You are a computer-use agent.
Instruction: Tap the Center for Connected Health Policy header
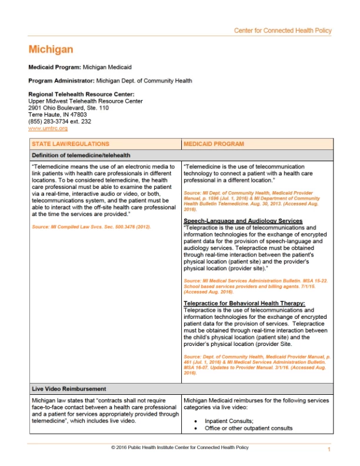282,31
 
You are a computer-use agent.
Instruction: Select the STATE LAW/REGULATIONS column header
71,144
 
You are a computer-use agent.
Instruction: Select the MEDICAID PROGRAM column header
214,144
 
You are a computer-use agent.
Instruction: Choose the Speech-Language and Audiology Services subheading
243,221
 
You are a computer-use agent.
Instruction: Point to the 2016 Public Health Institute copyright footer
179,448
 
